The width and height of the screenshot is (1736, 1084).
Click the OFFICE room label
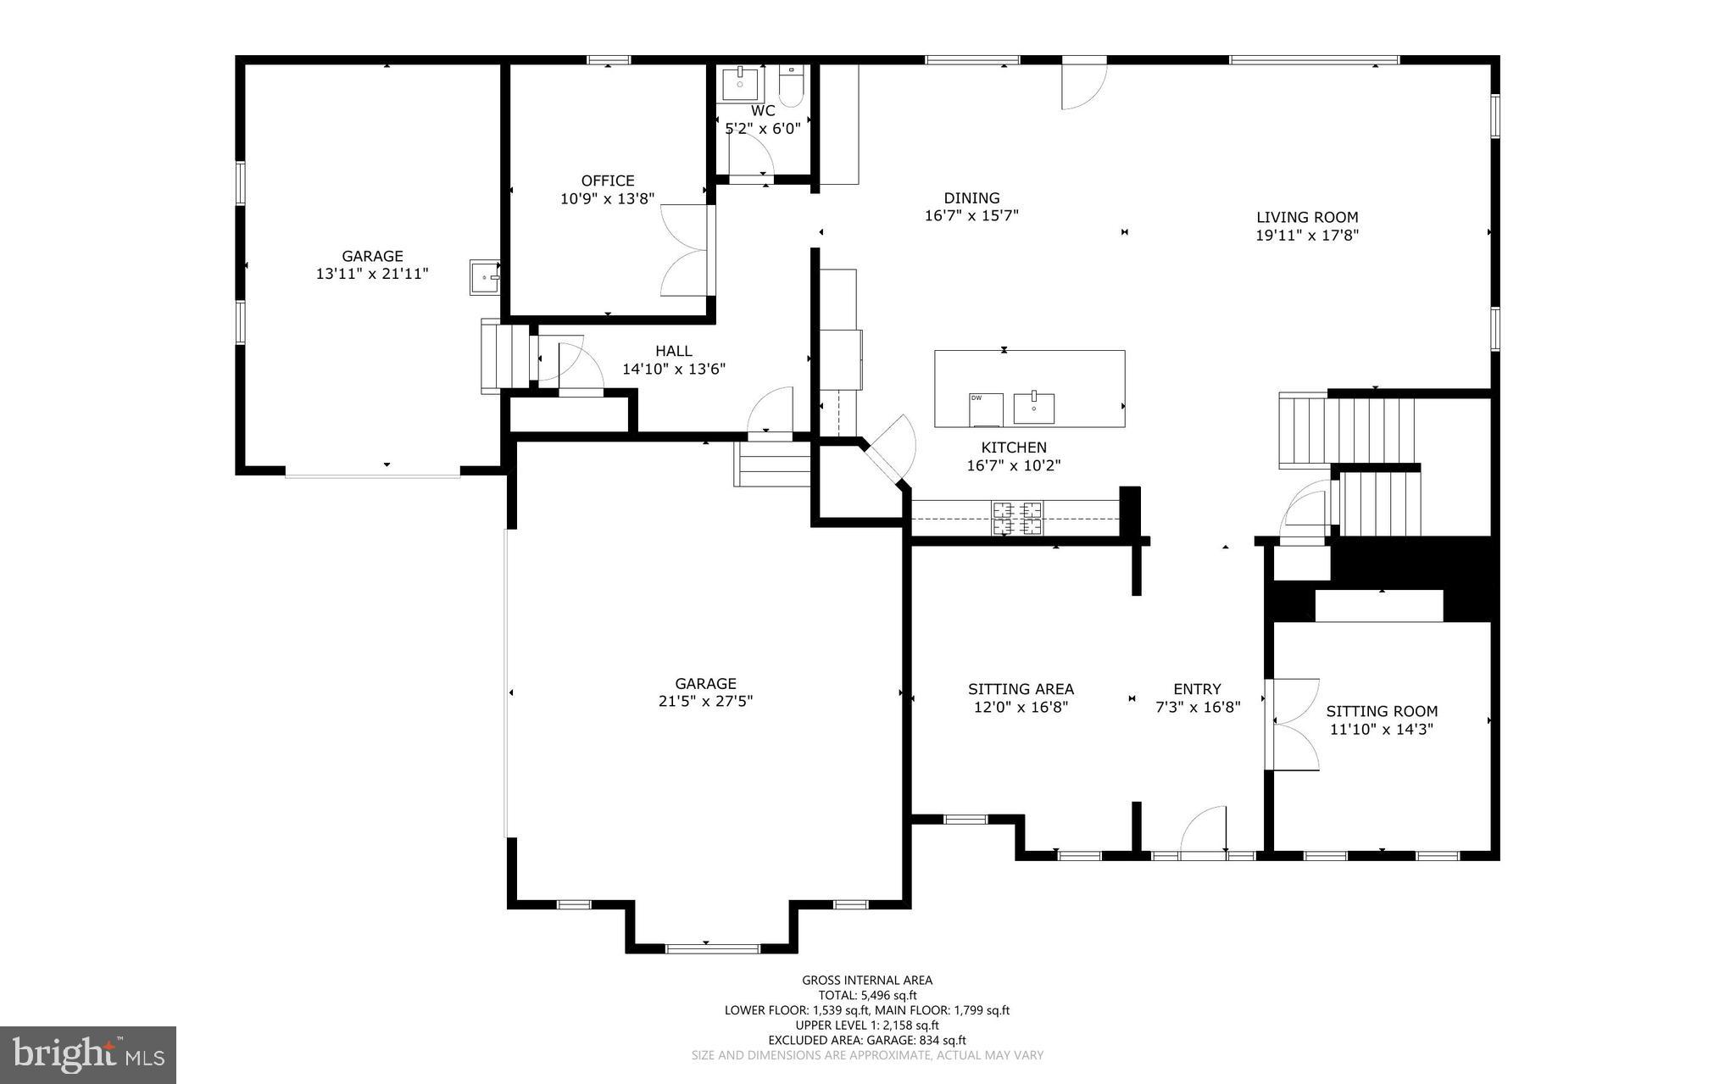[x=607, y=181]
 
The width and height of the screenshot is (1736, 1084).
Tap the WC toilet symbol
[x=791, y=87]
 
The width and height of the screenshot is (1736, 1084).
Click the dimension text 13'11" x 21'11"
[x=372, y=274]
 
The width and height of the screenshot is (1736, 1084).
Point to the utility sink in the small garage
[x=485, y=276]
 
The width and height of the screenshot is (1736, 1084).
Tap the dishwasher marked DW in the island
[x=986, y=409]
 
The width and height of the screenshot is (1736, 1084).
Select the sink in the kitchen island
[x=1034, y=407]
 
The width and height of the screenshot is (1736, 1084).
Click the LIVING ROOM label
[x=1307, y=217]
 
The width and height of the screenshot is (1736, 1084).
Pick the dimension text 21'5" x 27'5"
[x=705, y=701]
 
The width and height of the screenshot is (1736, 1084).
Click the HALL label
[x=673, y=351]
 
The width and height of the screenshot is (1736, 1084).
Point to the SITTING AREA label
[x=1021, y=689]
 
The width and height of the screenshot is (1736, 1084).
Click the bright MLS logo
[x=88, y=1054]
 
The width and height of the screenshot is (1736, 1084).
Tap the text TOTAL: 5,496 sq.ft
[x=867, y=995]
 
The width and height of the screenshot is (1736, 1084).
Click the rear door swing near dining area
[x=1085, y=85]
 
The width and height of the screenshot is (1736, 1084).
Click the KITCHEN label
[x=1014, y=447]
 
